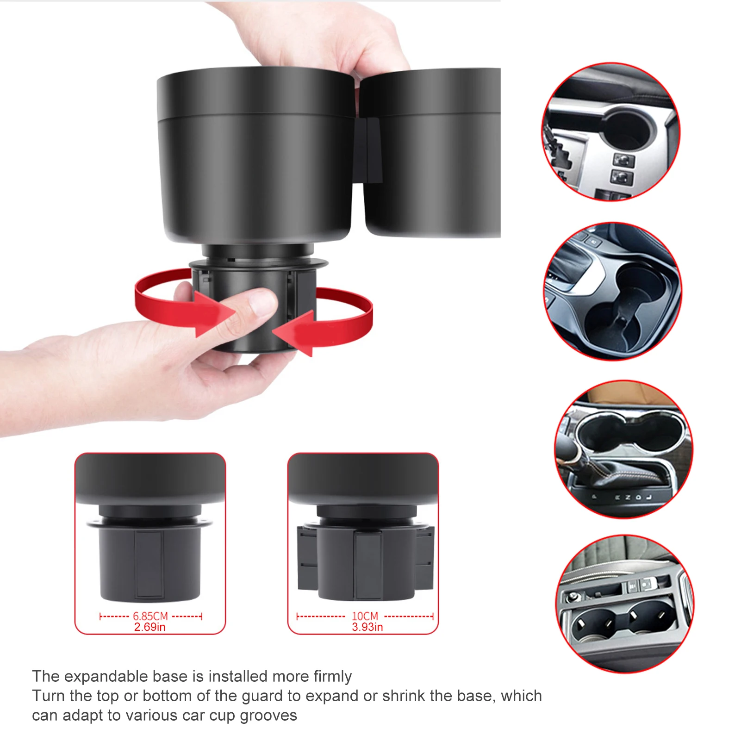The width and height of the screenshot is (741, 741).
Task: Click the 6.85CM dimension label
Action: coord(150,616)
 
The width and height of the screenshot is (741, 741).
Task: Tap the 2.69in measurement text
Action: coord(150,627)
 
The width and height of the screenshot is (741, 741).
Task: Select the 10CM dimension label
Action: coord(365,616)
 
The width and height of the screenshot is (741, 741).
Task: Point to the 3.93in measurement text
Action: coord(367,627)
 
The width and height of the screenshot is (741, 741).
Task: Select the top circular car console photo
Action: coord(611,132)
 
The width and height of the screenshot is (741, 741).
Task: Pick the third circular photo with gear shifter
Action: coord(624,449)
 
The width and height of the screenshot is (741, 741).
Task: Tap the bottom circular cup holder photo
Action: coord(625,604)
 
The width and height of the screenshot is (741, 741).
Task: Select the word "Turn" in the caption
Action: coord(47,696)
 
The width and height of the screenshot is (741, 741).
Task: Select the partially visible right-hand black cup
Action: coord(430,153)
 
